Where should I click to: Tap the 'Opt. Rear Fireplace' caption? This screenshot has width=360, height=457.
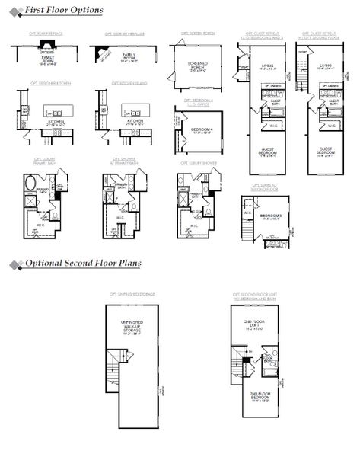pyautogui.click(x=47, y=34)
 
